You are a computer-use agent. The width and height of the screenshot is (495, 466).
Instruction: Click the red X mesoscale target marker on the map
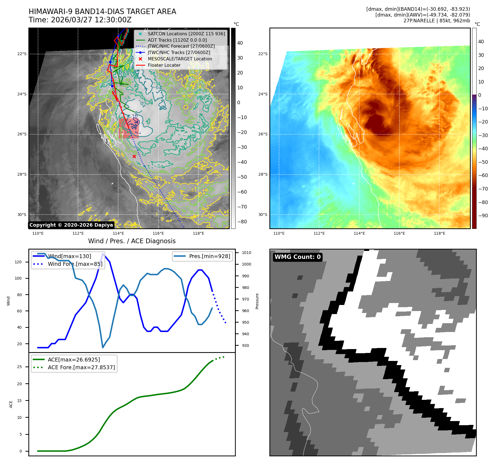pyautogui.click(x=134, y=157)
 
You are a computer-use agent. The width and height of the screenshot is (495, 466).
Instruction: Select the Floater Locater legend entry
pyautogui.click(x=164, y=65)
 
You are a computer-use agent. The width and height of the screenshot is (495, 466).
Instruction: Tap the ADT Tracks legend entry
pyautogui.click(x=177, y=40)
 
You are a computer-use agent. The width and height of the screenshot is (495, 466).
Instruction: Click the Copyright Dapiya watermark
pyautogui.click(x=71, y=225)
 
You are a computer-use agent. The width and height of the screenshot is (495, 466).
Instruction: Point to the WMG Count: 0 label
pyautogui.click(x=297, y=257)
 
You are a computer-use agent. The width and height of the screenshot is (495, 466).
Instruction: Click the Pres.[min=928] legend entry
pyautogui.click(x=209, y=256)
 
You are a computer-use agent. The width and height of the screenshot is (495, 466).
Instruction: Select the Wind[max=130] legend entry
pyautogui.click(x=69, y=256)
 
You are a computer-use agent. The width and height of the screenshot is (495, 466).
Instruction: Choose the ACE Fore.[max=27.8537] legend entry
pyautogui.click(x=81, y=367)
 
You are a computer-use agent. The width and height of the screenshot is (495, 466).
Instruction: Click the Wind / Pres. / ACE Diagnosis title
pyautogui.click(x=132, y=241)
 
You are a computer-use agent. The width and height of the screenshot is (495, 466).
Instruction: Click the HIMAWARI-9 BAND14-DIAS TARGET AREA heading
pyautogui.click(x=102, y=12)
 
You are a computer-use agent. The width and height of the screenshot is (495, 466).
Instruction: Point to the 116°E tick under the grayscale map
pyautogui.click(x=158, y=233)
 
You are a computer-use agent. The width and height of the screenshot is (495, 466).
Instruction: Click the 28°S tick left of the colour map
pyautogui.click(x=263, y=174)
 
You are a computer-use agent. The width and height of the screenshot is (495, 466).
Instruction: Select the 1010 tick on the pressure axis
pyautogui.click(x=247, y=253)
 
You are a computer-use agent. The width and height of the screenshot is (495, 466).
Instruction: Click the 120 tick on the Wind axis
pyautogui.click(x=18, y=262)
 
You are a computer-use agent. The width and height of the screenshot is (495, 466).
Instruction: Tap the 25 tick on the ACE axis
pyautogui.click(x=20, y=367)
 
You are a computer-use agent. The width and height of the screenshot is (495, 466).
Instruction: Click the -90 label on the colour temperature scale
pyautogui.click(x=483, y=216)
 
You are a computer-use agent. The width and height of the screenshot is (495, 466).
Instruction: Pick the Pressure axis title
pyautogui.click(x=257, y=301)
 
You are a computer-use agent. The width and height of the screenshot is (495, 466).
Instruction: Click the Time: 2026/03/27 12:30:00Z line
pyautogui.click(x=80, y=20)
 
